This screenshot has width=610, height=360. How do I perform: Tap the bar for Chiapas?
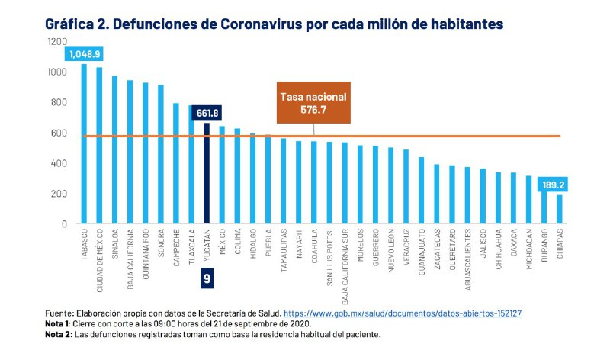coord(559,209)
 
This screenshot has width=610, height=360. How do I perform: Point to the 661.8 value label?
coord(207,113)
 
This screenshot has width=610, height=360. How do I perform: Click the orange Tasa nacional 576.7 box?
coord(313,103)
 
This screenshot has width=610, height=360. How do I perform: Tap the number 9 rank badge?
coord(207,278)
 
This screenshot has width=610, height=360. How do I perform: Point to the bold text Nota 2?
coord(58,334)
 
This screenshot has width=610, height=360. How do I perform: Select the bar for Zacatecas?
coord(436,194)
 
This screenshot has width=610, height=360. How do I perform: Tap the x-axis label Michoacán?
coord(528,252)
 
